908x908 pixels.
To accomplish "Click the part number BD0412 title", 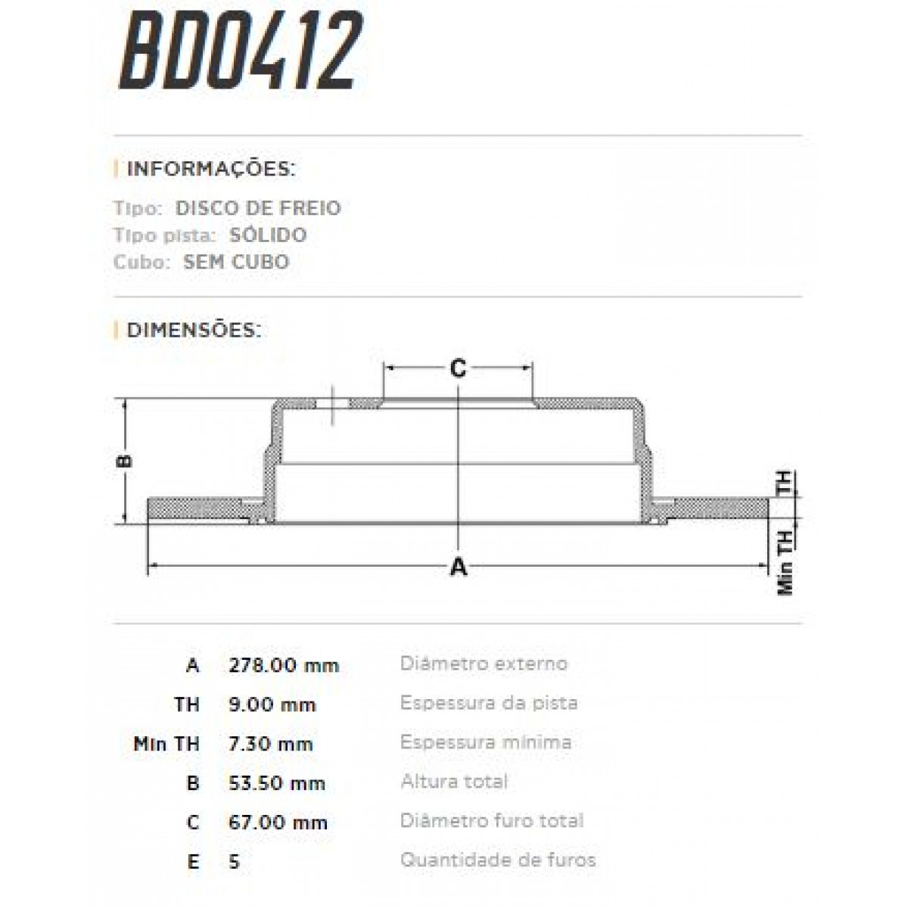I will pyautogui.click(x=241, y=51).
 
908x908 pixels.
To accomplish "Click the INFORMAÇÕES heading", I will pyautogui.click(x=211, y=168).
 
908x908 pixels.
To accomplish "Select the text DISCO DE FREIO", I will pyautogui.click(x=258, y=208).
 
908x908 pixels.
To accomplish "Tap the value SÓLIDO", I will pyautogui.click(x=269, y=235).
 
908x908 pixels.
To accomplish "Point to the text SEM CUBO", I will pyautogui.click(x=236, y=262).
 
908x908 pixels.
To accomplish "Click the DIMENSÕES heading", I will pyautogui.click(x=194, y=331).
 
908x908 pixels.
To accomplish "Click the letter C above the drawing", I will pyautogui.click(x=458, y=368).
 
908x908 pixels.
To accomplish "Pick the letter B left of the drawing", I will pyautogui.click(x=126, y=461).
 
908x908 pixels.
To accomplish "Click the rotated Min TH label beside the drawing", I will pyautogui.click(x=785, y=561).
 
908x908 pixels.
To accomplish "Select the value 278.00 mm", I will pyautogui.click(x=284, y=666).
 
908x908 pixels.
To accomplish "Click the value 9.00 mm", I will pyautogui.click(x=272, y=705).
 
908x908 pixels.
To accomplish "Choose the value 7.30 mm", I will pyautogui.click(x=271, y=745).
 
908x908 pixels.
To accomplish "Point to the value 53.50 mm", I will pyautogui.click(x=277, y=783).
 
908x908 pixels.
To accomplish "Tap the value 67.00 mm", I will pyautogui.click(x=278, y=822).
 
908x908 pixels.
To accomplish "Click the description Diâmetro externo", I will pyautogui.click(x=484, y=664).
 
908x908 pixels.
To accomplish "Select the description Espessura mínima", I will pyautogui.click(x=486, y=742).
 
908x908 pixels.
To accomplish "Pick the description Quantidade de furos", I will pyautogui.click(x=498, y=860).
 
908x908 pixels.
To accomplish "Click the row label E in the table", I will pyautogui.click(x=193, y=862).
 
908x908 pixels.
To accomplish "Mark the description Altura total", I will pyautogui.click(x=454, y=782).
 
